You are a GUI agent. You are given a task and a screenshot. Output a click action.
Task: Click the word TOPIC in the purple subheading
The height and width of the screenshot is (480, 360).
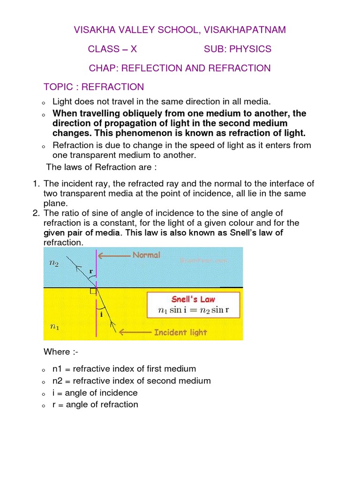tap(58, 87)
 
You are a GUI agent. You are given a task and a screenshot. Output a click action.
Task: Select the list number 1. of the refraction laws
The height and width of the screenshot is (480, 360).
tap(36, 183)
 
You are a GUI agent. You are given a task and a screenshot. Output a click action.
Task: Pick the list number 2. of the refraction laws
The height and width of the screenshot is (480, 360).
tap(36, 213)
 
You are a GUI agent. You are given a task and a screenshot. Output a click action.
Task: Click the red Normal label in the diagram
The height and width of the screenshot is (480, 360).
tap(146, 255)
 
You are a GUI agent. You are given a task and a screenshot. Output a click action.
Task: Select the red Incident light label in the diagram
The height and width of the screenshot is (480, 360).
tap(180, 332)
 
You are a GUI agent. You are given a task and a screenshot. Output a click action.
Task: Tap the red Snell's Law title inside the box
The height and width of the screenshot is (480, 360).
tap(194, 299)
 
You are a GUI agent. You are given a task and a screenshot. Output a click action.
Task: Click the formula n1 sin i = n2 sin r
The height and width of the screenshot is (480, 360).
tap(193, 310)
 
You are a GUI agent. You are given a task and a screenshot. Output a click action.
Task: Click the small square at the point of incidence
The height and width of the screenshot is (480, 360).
tap(93, 291)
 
